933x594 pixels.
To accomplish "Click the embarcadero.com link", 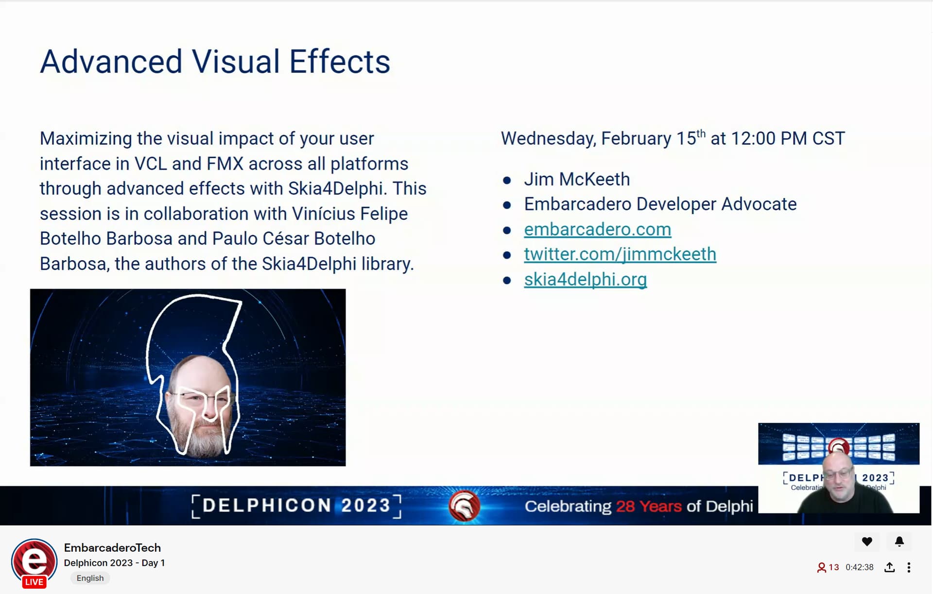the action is click(597, 229).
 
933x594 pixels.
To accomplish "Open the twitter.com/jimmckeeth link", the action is click(620, 255).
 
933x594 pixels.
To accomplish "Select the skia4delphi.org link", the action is click(585, 279).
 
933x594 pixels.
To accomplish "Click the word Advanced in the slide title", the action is click(111, 62).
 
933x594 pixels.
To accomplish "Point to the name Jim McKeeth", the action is click(577, 179).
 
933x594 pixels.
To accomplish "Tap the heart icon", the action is click(867, 541).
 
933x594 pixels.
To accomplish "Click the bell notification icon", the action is click(899, 541).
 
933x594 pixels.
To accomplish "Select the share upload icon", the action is click(889, 567).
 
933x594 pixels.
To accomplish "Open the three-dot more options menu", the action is click(909, 567).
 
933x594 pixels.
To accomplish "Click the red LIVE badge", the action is click(34, 582).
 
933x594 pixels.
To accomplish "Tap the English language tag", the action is click(90, 578).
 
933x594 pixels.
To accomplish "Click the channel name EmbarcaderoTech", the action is click(112, 547).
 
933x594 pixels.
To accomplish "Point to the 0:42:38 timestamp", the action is click(859, 567).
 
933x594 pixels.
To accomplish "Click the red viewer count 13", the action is click(834, 567).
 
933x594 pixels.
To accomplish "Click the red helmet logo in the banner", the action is click(464, 506).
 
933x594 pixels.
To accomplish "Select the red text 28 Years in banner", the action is click(649, 506).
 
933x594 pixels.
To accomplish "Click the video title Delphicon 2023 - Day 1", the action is click(114, 563).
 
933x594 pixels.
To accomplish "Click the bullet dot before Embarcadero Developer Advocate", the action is click(507, 205).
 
